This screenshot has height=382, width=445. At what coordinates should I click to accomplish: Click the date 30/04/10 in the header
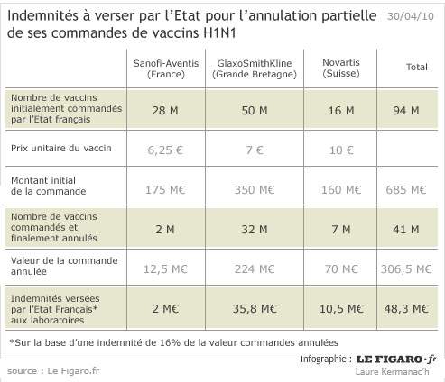pyautogui.click(x=411, y=16)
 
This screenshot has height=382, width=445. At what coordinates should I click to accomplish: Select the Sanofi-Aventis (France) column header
pyautogui.click(x=166, y=68)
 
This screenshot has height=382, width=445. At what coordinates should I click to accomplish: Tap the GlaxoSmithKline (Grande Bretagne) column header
pyautogui.click(x=255, y=68)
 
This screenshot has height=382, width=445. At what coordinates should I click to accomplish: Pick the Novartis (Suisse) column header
pyautogui.click(x=341, y=68)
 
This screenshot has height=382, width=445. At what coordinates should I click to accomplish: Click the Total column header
pyautogui.click(x=417, y=67)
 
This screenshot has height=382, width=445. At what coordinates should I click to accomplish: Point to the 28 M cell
pyautogui.click(x=165, y=111)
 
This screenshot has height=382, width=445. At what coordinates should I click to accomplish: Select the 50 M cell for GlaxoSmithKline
pyautogui.click(x=255, y=111)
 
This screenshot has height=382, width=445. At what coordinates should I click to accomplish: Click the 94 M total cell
pyautogui.click(x=406, y=111)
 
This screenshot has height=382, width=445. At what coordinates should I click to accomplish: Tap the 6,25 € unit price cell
pyautogui.click(x=165, y=150)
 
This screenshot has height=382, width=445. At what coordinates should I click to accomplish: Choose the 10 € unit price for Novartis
pyautogui.click(x=341, y=150)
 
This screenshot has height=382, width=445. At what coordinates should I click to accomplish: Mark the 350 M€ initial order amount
pyautogui.click(x=255, y=190)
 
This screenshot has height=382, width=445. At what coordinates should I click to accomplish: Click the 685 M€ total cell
pyautogui.click(x=406, y=190)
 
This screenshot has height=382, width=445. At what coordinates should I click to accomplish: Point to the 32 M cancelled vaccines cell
pyautogui.click(x=255, y=230)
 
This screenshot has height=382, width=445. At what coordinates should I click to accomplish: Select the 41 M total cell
pyautogui.click(x=406, y=230)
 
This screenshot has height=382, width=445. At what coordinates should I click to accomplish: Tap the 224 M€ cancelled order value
pyautogui.click(x=255, y=269)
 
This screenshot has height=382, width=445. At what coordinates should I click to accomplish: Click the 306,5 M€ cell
pyautogui.click(x=406, y=269)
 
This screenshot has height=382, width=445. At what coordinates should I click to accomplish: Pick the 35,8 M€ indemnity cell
pyautogui.click(x=255, y=309)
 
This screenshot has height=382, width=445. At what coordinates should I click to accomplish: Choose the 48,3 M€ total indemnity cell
pyautogui.click(x=406, y=309)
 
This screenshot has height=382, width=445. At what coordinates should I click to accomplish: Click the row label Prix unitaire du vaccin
pyautogui.click(x=61, y=148)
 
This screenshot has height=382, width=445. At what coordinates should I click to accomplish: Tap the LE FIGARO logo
pyautogui.click(x=396, y=359)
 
